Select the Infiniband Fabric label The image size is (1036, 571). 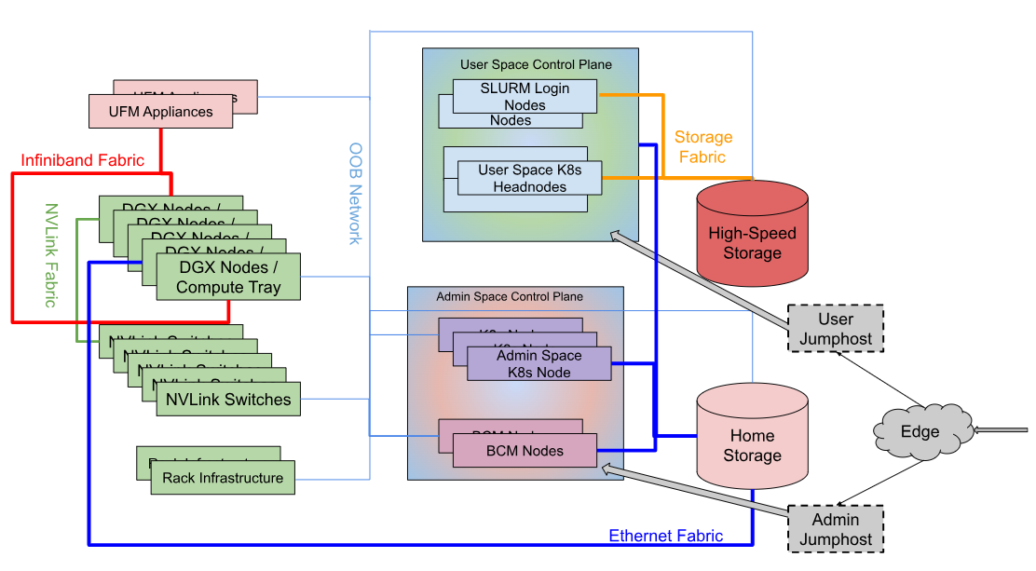pos(83,160)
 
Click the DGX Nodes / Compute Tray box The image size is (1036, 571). pos(228,277)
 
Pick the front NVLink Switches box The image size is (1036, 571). pos(228,400)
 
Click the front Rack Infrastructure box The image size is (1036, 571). pos(223,478)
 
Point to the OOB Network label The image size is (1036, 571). pos(355,194)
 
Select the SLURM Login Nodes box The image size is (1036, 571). pos(525,96)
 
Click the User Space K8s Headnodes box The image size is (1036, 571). pos(530,178)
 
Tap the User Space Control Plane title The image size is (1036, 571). pos(536,64)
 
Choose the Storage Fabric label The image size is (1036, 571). pos(702,147)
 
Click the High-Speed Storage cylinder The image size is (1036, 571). pos(753,242)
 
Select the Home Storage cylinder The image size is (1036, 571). pos(753,445)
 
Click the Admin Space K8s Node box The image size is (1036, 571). pos(539,363)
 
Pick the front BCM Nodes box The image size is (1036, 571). pos(525,451)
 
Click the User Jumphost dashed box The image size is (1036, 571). pos(836,328)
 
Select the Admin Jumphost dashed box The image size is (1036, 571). pos(836,528)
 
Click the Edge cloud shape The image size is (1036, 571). pos(920,431)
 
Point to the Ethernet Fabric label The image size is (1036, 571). pos(665,536)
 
